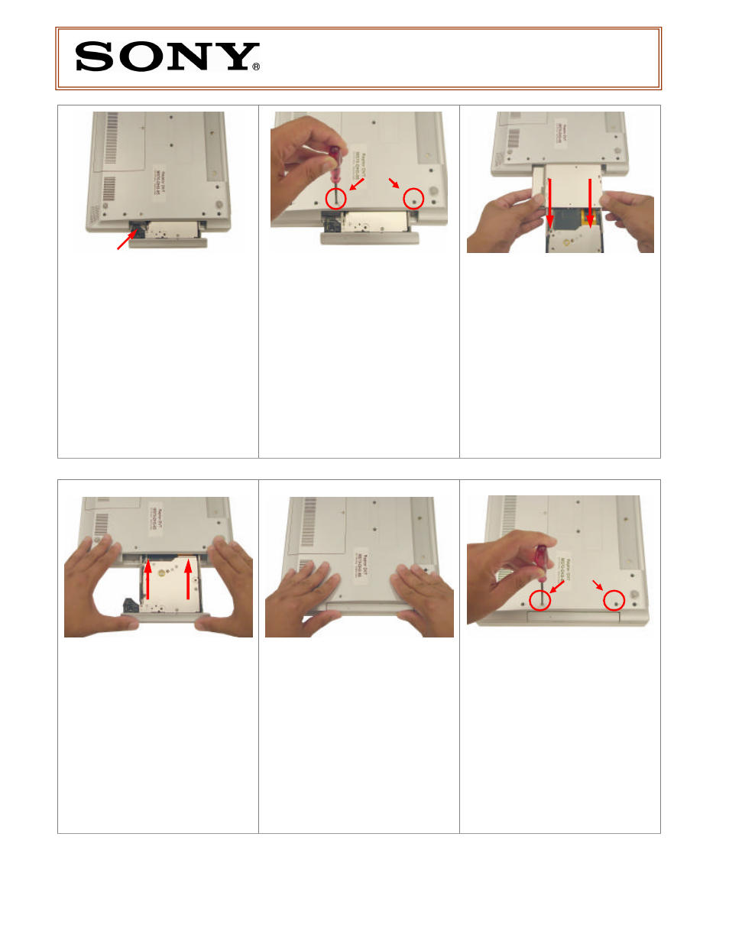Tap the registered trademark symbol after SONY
[x=256, y=67]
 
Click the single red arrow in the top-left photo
[x=127, y=239]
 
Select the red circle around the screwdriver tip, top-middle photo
[x=335, y=198]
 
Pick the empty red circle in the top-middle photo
[x=413, y=198]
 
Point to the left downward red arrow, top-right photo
[x=549, y=203]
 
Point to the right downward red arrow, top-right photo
[x=589, y=203]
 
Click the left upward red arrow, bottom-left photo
[x=147, y=579]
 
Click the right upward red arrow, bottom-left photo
[x=188, y=579]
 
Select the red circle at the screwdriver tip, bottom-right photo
[x=540, y=601]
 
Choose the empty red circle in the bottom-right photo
[x=614, y=601]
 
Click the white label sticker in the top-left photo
[x=159, y=183]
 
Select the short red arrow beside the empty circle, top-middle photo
[x=394, y=183]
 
